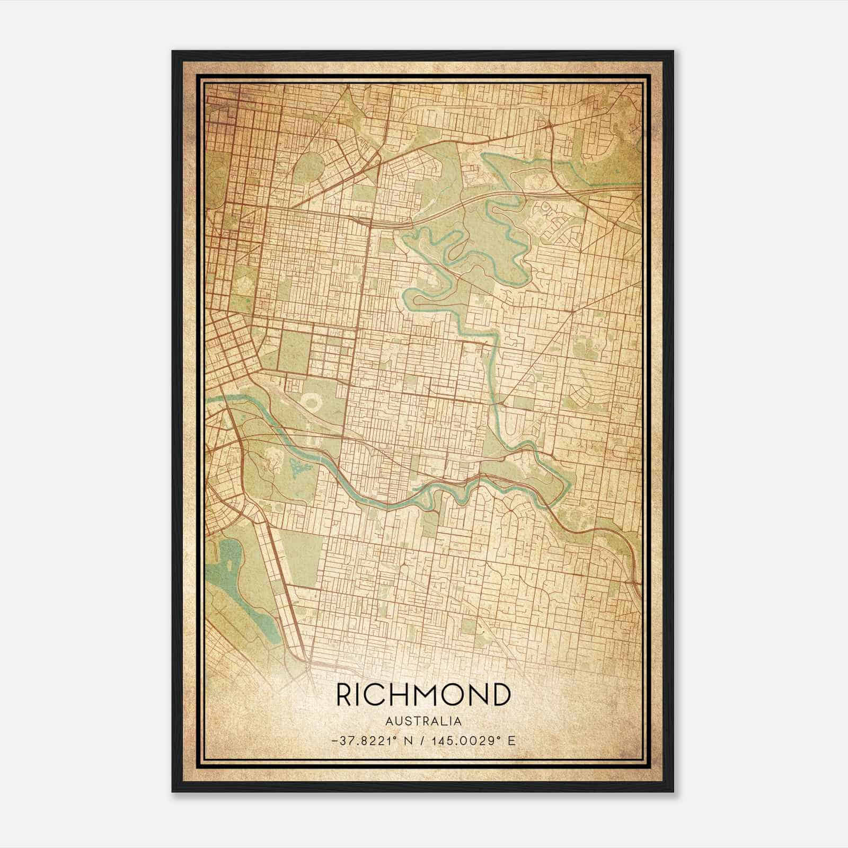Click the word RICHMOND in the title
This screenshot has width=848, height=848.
pos(423,695)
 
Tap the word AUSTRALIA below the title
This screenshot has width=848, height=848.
pos(423,721)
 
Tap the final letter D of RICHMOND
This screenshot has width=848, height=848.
pos(500,695)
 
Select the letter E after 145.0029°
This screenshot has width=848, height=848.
pos(511,741)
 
